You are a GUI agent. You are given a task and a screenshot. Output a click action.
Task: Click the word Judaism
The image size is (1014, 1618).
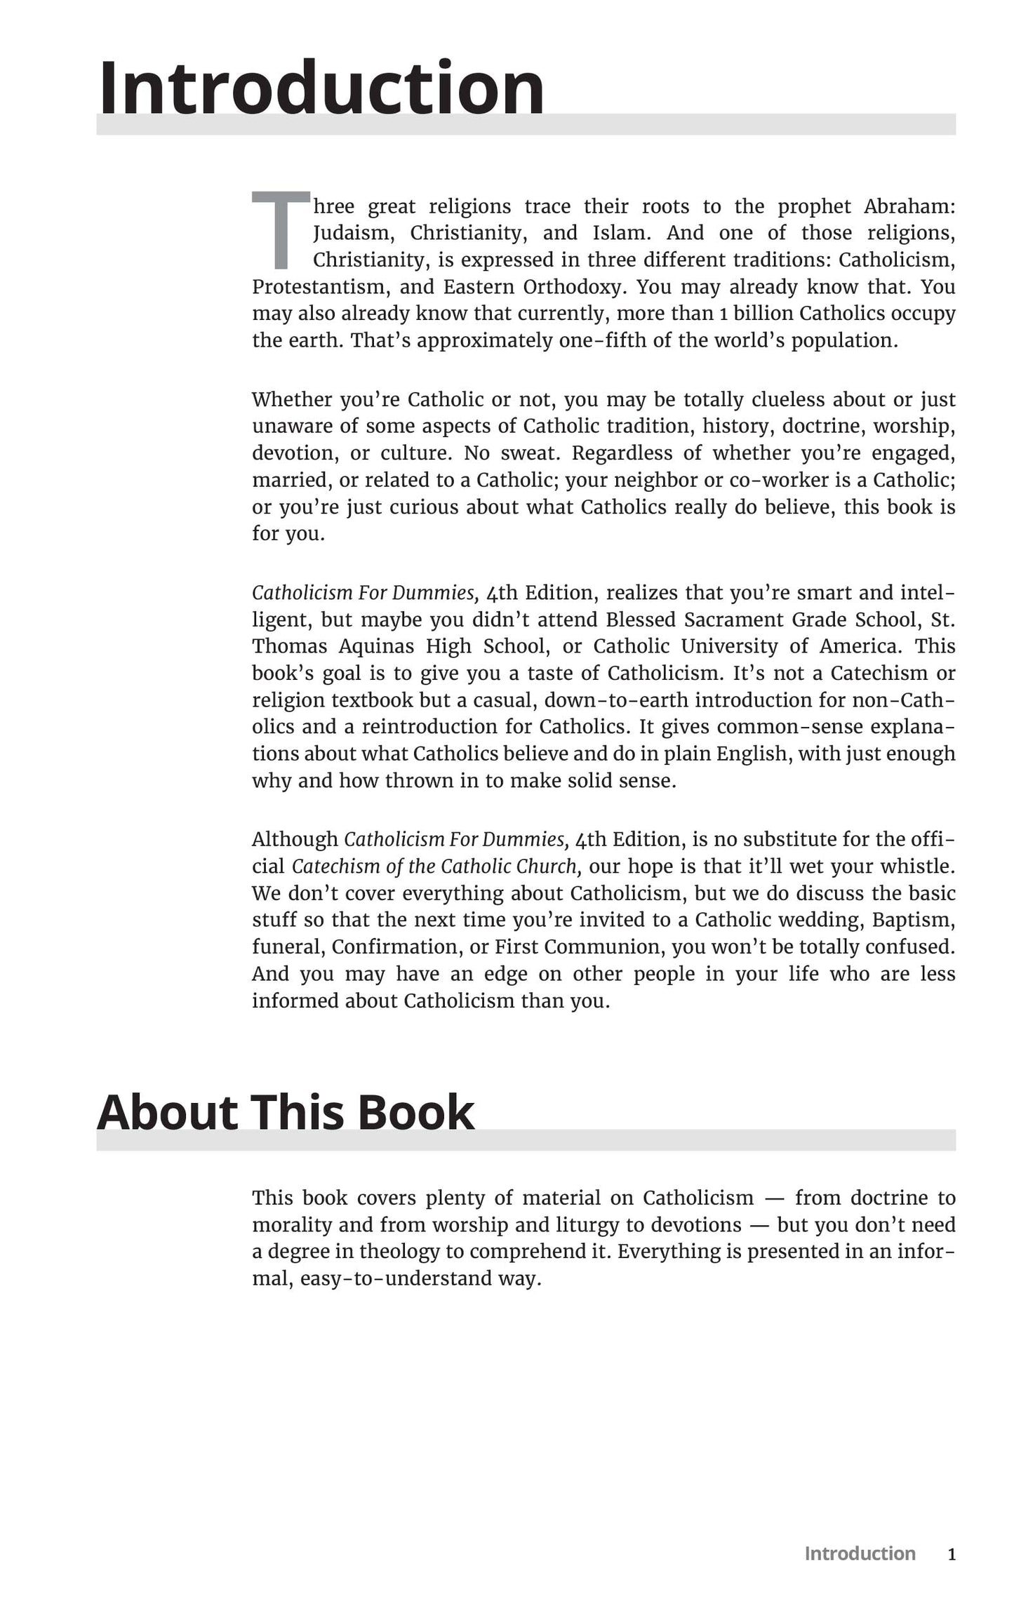point(354,234)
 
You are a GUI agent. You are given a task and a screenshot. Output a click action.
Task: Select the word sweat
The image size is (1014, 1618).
point(528,453)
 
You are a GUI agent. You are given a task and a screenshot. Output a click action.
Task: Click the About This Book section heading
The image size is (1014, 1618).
point(286,1113)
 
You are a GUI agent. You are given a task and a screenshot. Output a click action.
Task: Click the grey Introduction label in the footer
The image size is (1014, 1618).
point(860,1554)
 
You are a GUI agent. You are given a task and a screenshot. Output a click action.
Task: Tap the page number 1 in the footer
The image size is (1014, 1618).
point(952,1555)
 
